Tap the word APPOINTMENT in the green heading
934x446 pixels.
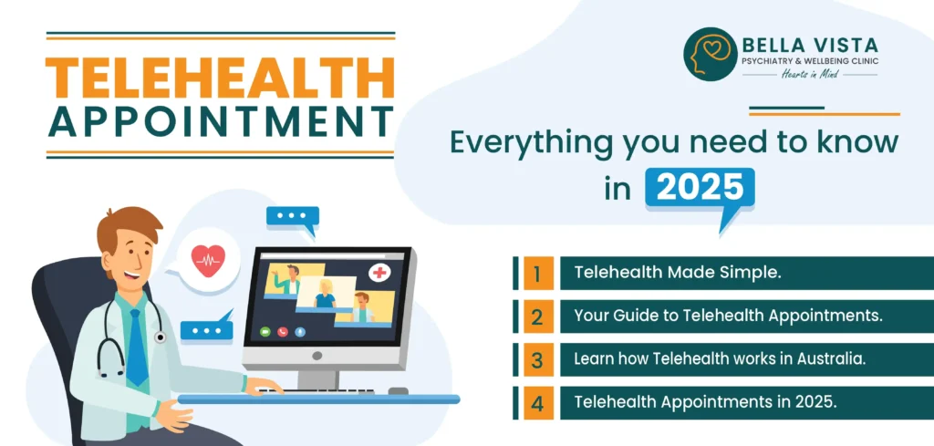click(x=220, y=124)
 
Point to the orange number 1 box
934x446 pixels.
click(x=538, y=273)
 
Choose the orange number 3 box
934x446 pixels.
click(x=538, y=358)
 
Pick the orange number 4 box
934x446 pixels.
click(x=538, y=401)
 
